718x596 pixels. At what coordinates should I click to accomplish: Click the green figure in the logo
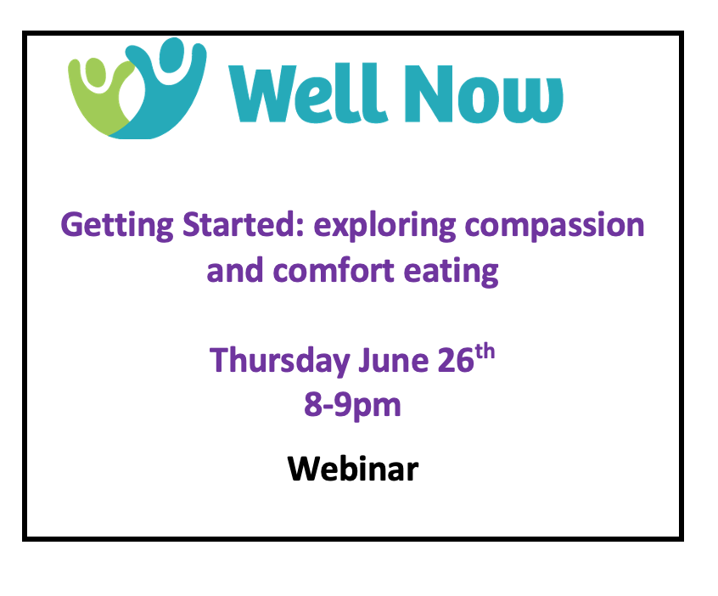(x=94, y=103)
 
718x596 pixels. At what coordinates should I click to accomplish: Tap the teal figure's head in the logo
(x=171, y=55)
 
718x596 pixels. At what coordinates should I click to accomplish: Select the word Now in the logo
(x=484, y=94)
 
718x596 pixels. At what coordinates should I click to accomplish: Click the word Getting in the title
(x=117, y=226)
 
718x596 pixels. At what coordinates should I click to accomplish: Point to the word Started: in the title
(x=243, y=224)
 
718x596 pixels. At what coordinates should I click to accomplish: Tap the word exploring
(x=384, y=226)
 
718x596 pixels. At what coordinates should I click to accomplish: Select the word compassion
(x=554, y=226)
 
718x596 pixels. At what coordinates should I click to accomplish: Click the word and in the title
(x=235, y=270)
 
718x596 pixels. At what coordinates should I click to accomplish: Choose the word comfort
(x=334, y=271)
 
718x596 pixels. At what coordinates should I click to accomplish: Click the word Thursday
(x=279, y=362)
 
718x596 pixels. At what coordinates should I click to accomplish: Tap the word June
(x=393, y=361)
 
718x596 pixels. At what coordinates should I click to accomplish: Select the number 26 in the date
(x=456, y=361)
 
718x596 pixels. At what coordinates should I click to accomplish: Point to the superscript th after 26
(x=485, y=351)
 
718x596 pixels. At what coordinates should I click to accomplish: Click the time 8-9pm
(x=352, y=406)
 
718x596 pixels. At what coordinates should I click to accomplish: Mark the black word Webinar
(x=353, y=469)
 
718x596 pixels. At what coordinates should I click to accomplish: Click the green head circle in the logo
(x=95, y=73)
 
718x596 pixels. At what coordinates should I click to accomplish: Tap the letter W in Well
(x=261, y=94)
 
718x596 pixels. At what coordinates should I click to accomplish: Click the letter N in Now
(x=429, y=94)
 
